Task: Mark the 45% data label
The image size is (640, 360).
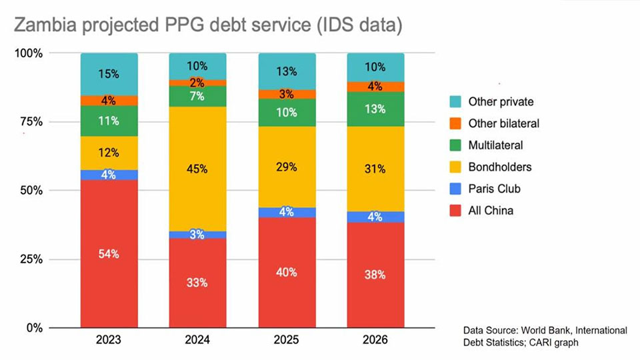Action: [197, 169]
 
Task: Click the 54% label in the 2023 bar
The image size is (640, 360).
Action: [109, 254]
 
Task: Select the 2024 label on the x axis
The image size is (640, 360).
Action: [197, 339]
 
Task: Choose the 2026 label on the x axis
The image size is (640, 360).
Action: [375, 339]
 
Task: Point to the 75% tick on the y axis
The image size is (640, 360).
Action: [29, 121]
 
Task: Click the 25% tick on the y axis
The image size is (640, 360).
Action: [29, 259]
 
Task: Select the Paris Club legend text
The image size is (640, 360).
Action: [494, 189]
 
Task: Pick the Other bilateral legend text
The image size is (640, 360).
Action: [503, 123]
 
